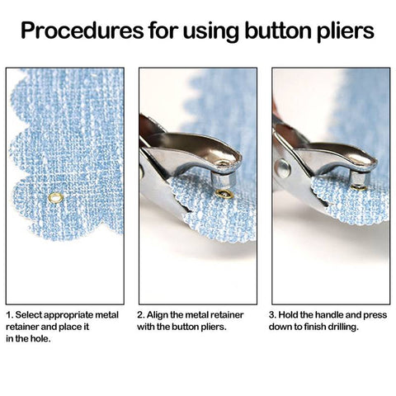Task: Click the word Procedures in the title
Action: tap(82, 30)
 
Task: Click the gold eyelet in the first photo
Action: tap(55, 198)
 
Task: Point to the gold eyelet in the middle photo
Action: tap(224, 194)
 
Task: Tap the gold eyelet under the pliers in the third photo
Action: tap(359, 188)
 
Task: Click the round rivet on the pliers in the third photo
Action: tap(282, 168)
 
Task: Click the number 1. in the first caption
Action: tap(10, 315)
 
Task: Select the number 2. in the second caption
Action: tap(141, 315)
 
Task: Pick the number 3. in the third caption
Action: tap(272, 315)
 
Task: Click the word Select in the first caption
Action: tap(29, 315)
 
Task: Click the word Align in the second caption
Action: tap(157, 316)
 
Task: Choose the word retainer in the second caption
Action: tap(228, 315)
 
